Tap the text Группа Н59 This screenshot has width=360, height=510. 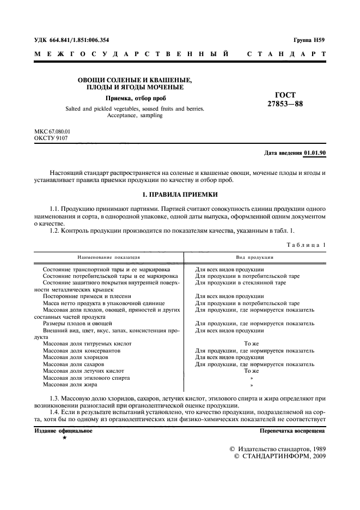click(309, 40)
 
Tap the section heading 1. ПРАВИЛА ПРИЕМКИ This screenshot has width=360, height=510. click(180, 194)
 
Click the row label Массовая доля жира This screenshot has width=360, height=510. click(70, 384)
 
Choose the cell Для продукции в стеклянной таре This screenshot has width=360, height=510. click(240, 283)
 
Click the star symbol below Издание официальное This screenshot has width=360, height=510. click(65, 438)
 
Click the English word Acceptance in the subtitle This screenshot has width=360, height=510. click(123, 116)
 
